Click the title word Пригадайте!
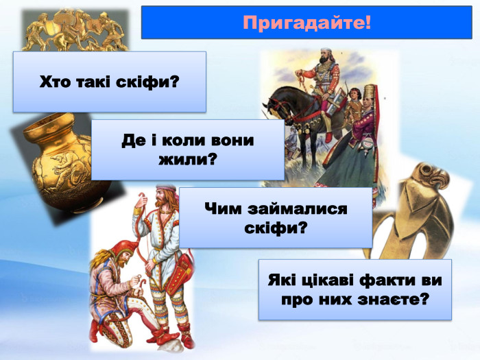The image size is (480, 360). (307, 22)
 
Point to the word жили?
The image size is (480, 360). (187, 160)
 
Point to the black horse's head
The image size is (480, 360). (274, 107)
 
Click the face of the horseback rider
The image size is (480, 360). (326, 56)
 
